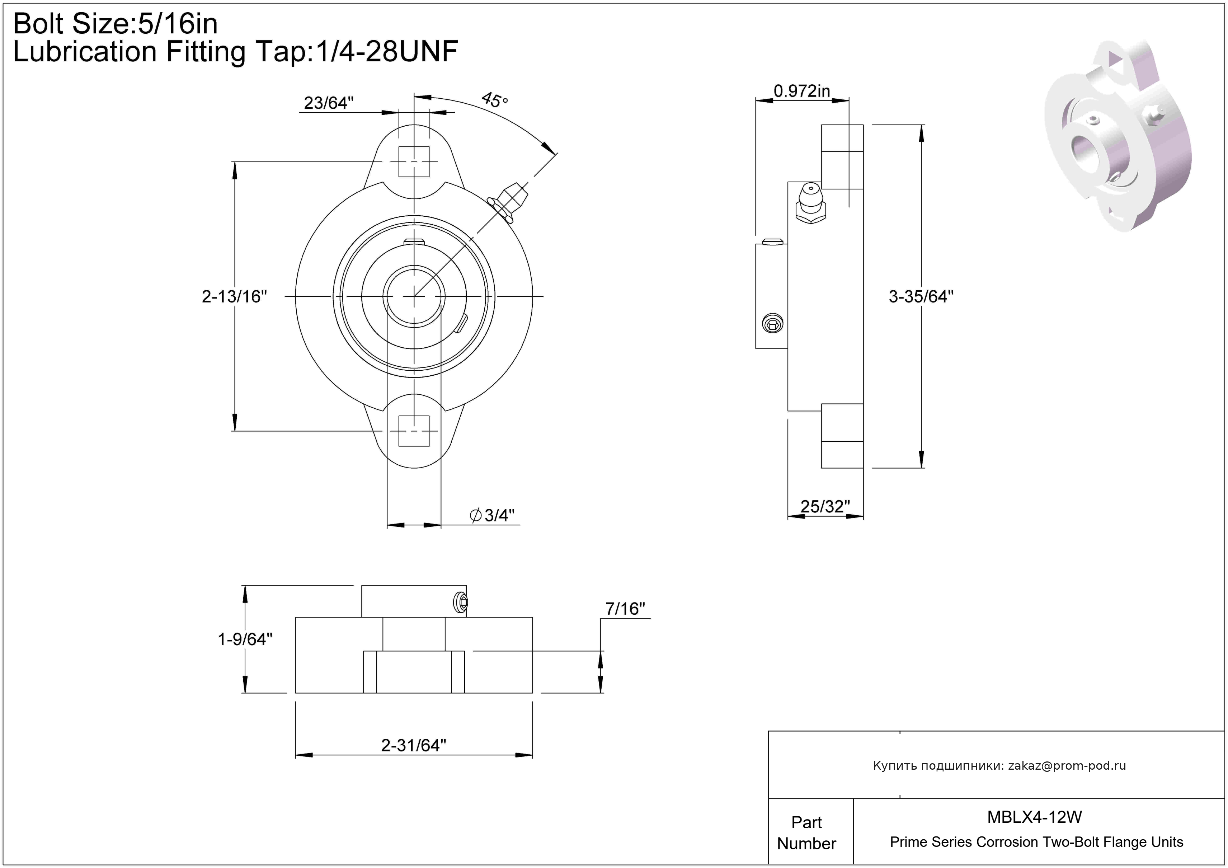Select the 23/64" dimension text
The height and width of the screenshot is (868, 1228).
coord(328,103)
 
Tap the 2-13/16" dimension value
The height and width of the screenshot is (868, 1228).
coord(234,296)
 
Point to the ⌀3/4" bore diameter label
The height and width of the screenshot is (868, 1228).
coord(492,515)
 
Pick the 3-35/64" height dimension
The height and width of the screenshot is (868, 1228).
coord(921,296)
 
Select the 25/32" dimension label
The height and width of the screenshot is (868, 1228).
coord(825,506)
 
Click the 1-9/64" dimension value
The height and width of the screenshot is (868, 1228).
coord(245,639)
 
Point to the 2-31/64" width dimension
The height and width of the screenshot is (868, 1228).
coord(413,745)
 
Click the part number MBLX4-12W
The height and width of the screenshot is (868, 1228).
coord(1034,817)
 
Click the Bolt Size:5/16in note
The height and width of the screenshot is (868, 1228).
coord(116,24)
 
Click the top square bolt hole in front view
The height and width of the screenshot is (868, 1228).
coord(414,161)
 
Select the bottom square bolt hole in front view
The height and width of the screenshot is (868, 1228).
coord(414,431)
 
